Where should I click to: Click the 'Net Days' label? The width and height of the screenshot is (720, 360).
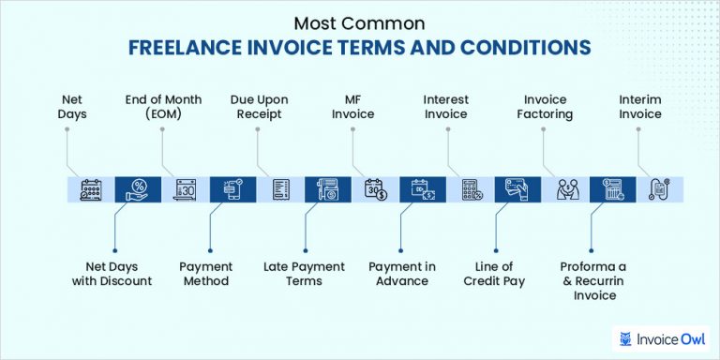74,106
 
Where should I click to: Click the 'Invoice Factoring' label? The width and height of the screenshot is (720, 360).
546,106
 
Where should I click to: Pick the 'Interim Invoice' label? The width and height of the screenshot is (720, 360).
640,106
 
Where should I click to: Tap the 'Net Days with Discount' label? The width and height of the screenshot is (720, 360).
112,274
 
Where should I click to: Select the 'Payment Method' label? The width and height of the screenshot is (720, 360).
206,274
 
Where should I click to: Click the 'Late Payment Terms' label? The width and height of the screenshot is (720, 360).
305,274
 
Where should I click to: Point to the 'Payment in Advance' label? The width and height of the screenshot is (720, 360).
402,274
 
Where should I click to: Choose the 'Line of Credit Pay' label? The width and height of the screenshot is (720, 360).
495,274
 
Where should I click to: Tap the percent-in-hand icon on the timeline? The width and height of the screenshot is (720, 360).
131,190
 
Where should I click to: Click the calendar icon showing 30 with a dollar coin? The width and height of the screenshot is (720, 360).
375,190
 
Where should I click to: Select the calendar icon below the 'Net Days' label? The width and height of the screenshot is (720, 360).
90,190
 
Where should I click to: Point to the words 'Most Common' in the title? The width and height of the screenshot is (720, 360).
360,21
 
